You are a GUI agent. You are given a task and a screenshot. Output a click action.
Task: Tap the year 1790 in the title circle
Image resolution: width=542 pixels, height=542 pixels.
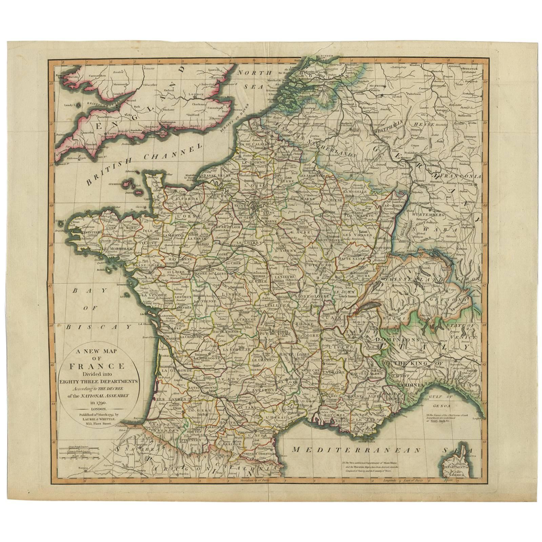(x=98, y=403)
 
